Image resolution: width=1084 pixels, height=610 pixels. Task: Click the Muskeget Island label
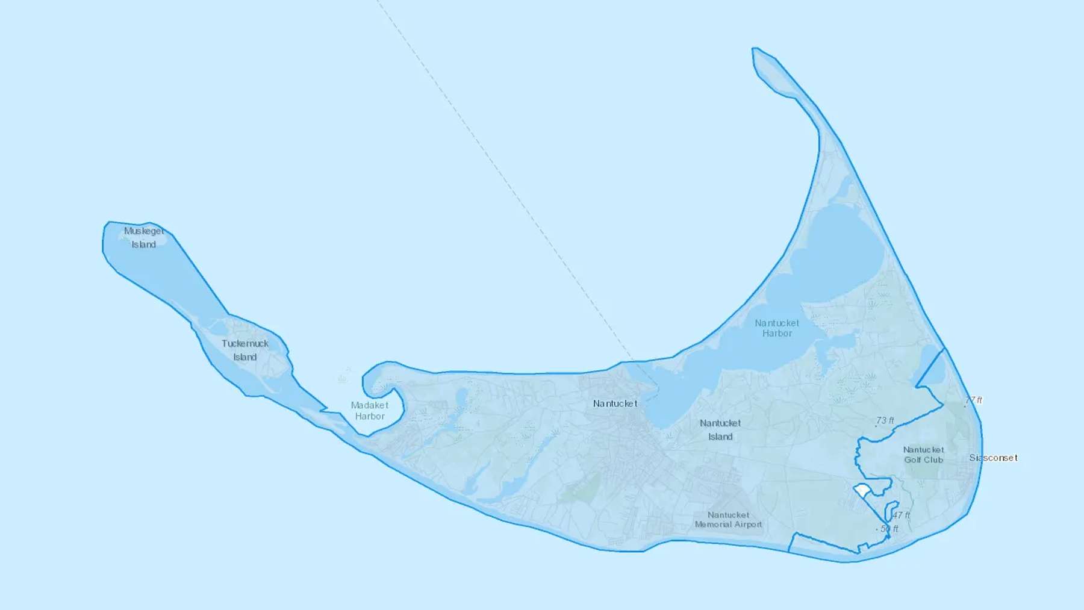[x=144, y=237]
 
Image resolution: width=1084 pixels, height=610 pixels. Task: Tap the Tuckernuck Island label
[x=245, y=350]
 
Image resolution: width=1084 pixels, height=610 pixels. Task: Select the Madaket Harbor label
[x=370, y=411]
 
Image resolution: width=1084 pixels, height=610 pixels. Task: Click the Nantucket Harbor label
[x=777, y=328]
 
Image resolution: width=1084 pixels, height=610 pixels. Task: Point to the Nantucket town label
[x=615, y=403]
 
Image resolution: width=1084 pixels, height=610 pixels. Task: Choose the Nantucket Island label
[x=720, y=429]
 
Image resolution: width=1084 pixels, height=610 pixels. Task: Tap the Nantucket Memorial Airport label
[x=729, y=520]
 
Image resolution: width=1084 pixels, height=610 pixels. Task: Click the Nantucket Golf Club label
[x=924, y=455]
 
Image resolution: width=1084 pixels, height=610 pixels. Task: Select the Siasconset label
[x=993, y=458]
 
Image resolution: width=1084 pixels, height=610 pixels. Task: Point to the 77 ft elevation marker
[x=973, y=400]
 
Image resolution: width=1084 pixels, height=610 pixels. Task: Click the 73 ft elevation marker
[x=885, y=421]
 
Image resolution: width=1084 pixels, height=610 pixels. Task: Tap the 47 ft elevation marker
[x=901, y=515]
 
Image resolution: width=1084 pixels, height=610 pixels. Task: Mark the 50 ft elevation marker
[x=888, y=529]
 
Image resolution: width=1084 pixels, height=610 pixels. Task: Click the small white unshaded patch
[x=863, y=491]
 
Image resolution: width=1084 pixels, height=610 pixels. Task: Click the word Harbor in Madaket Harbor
[x=370, y=416]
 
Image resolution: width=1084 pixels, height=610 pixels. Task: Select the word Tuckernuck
[x=245, y=343]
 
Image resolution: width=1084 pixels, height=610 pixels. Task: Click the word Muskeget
[x=144, y=231]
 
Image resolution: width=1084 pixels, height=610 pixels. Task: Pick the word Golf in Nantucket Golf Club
[x=913, y=460]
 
